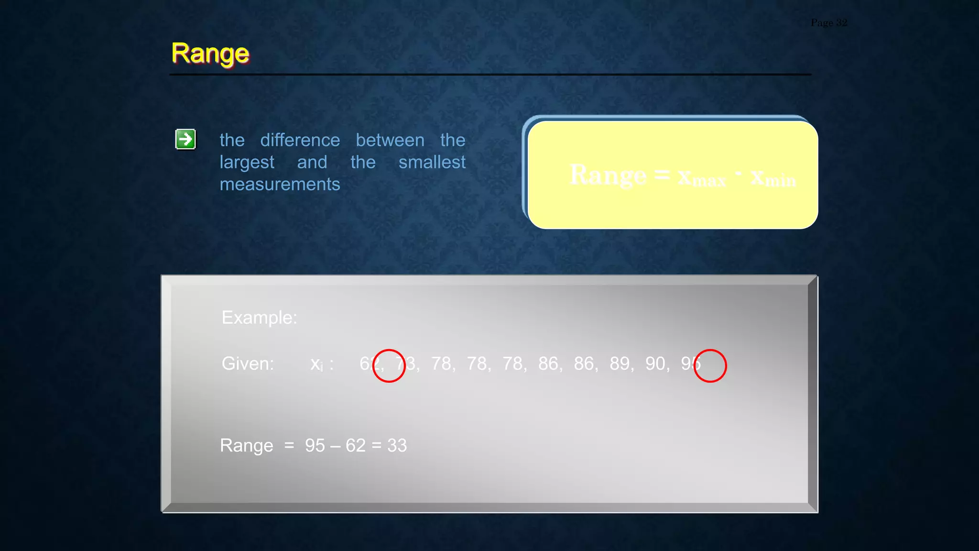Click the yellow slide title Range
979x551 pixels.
coord(210,54)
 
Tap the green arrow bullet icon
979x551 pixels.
coord(185,139)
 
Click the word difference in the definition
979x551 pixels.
coord(300,140)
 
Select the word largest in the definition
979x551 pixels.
coord(247,163)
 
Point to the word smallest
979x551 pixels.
coord(432,162)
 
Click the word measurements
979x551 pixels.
coord(280,184)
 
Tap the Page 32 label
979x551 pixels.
coord(828,22)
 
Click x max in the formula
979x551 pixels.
coord(701,177)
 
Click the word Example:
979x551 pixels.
coord(259,318)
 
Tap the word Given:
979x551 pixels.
coord(248,364)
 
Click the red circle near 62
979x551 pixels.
coord(389,366)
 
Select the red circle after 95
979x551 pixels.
coord(710,366)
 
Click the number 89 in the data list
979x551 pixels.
coord(620,364)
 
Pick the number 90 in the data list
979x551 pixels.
coord(655,364)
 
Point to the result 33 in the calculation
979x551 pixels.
coord(397,445)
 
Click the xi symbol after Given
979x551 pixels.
coord(316,364)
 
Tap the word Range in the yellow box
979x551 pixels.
coord(608,175)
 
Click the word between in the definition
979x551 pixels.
coord(390,140)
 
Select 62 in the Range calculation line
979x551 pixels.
coord(356,445)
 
